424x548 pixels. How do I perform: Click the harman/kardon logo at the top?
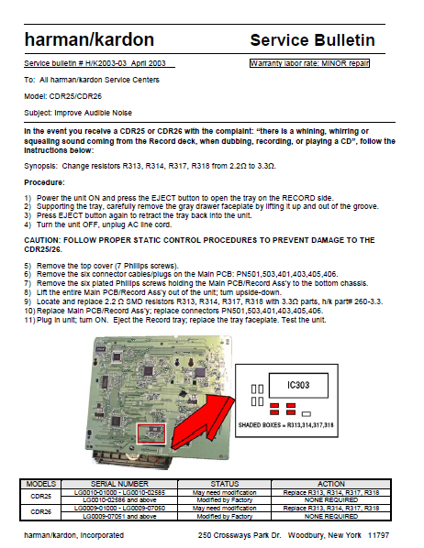(88, 39)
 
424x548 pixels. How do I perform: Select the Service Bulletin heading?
(312, 39)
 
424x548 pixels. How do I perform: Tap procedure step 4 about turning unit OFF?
(101, 225)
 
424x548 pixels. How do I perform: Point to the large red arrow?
(200, 424)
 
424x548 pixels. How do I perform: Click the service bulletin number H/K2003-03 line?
(98, 63)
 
